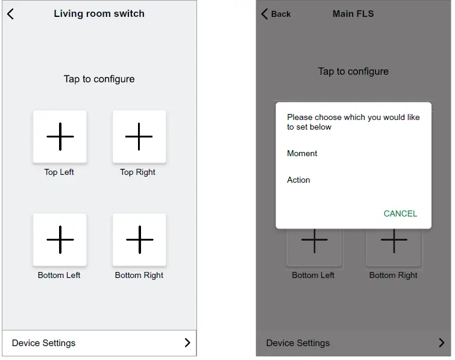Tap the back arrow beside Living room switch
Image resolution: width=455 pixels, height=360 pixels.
10,14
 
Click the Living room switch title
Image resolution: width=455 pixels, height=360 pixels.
99,14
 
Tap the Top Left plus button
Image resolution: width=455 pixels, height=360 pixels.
60,136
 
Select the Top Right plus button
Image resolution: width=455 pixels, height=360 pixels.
139,136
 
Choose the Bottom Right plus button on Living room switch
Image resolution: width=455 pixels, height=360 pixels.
139,239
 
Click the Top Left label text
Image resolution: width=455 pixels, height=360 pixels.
59,172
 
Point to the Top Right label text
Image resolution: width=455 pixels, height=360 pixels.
137,172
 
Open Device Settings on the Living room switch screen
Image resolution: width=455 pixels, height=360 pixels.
44,343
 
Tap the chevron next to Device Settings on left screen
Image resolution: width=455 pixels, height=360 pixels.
187,343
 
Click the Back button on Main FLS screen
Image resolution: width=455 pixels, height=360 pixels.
276,14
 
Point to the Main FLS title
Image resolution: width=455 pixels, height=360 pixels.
353,14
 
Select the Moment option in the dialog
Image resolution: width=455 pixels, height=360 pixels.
302,154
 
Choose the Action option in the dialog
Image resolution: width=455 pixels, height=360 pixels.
298,180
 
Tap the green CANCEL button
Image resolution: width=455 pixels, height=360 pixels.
400,213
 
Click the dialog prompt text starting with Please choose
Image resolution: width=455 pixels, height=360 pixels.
353,122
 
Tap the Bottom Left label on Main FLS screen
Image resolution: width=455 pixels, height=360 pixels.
313,276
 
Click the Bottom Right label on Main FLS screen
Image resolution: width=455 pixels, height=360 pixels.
393,276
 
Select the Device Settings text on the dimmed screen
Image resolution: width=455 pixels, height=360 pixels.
298,343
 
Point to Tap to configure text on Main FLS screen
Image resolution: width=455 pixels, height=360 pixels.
353,71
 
